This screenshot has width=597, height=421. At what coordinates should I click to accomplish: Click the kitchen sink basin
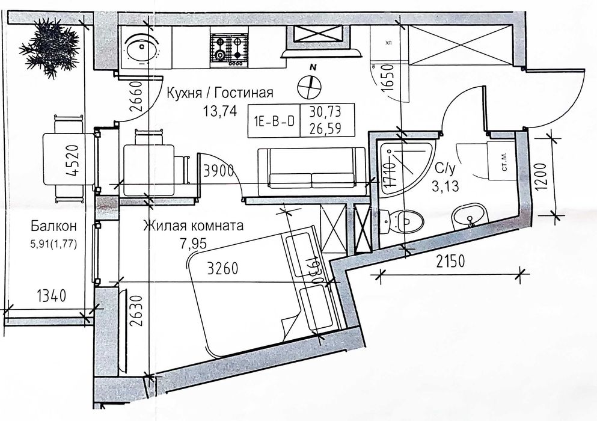pos(142,48)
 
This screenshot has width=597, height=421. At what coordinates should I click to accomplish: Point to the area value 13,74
pos(220,111)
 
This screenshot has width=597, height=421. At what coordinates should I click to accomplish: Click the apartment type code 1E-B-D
pos(274,121)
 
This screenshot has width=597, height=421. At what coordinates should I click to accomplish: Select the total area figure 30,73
pos(325,112)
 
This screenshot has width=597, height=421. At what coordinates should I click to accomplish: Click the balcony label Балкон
pos(54,226)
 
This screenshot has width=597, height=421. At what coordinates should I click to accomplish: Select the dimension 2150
pos(451,262)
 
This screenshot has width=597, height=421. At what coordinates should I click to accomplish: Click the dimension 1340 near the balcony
pos(51,296)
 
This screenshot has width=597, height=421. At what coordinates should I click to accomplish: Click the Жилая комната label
pos(193,226)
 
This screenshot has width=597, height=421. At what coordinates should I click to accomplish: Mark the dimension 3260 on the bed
pos(223,268)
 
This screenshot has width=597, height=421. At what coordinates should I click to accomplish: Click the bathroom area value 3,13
pos(445,186)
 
